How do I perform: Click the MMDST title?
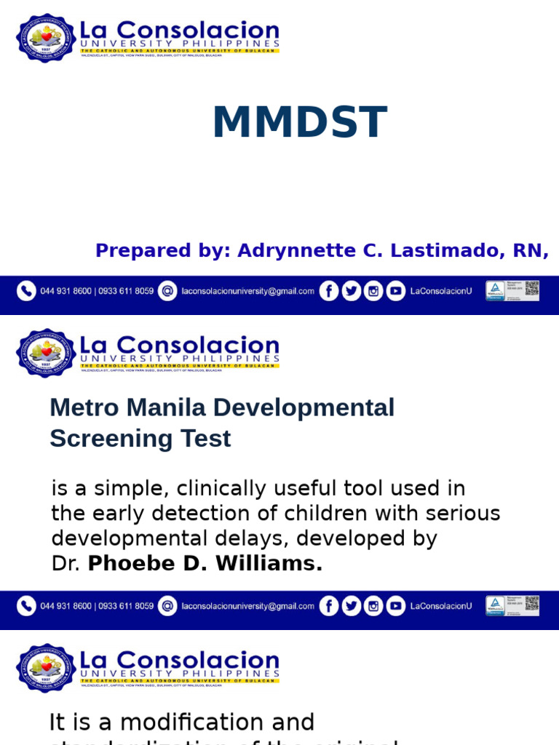pyautogui.click(x=299, y=122)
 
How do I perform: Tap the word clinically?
pyautogui.click(x=243, y=488)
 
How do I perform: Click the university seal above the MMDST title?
pyautogui.click(x=46, y=37)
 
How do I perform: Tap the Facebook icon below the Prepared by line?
pyautogui.click(x=329, y=291)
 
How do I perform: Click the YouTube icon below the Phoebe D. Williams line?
pyautogui.click(x=395, y=606)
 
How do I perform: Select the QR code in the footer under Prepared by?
pyautogui.click(x=532, y=290)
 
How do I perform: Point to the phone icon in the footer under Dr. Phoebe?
pyautogui.click(x=26, y=606)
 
